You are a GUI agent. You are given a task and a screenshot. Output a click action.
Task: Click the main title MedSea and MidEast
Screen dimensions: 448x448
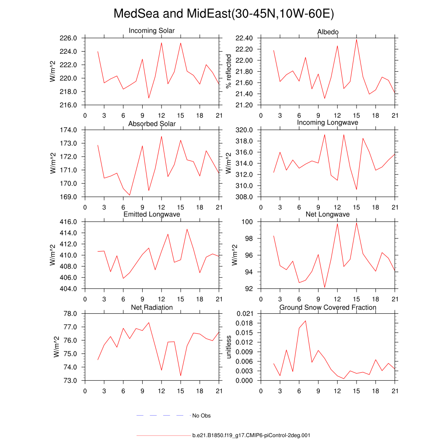(x=224, y=14)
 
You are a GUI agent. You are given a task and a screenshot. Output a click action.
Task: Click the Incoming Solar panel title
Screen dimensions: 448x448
(x=151, y=31)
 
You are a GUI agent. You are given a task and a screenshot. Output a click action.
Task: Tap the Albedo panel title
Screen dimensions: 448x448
(x=328, y=32)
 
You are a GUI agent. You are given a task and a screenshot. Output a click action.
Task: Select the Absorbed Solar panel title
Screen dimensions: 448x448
(x=152, y=124)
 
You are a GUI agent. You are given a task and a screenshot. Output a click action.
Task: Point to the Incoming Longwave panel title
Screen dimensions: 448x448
(x=327, y=122)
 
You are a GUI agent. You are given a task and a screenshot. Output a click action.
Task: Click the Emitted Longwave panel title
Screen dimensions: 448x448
(x=151, y=214)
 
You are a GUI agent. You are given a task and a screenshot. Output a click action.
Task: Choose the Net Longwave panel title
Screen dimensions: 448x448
(x=327, y=214)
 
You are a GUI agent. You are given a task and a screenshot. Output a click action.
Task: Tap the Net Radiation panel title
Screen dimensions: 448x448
(x=152, y=308)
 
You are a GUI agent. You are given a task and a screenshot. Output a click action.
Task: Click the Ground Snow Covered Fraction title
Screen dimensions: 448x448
(x=328, y=308)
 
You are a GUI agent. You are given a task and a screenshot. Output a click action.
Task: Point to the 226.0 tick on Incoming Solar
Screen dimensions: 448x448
(x=68, y=38)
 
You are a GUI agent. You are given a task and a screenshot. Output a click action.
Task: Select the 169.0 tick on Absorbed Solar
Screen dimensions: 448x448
(x=68, y=197)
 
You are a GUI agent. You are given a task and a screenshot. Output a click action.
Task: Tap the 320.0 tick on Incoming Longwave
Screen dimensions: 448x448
(x=244, y=130)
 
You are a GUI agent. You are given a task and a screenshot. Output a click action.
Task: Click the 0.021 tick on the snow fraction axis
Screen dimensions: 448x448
(x=244, y=314)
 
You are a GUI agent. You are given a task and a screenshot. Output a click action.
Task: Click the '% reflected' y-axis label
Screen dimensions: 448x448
(x=228, y=71)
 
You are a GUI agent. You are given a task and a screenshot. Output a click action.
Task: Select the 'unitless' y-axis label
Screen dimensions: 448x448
(x=228, y=347)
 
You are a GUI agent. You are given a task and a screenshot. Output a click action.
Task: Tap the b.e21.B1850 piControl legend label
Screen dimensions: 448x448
(x=251, y=436)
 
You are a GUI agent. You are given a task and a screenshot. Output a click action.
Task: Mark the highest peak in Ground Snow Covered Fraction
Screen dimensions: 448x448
(x=305, y=321)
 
